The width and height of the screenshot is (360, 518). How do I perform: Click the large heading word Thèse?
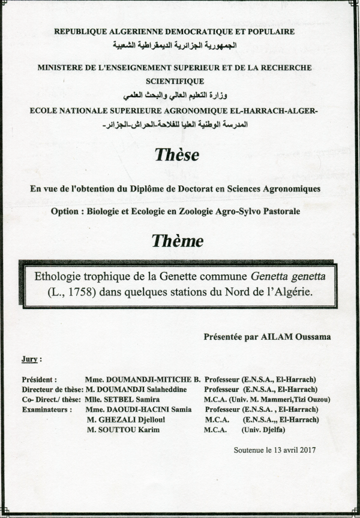tap(176, 155)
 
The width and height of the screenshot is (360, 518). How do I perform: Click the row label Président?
tap(39, 381)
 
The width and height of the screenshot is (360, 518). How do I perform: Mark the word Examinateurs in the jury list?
tap(47, 410)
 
